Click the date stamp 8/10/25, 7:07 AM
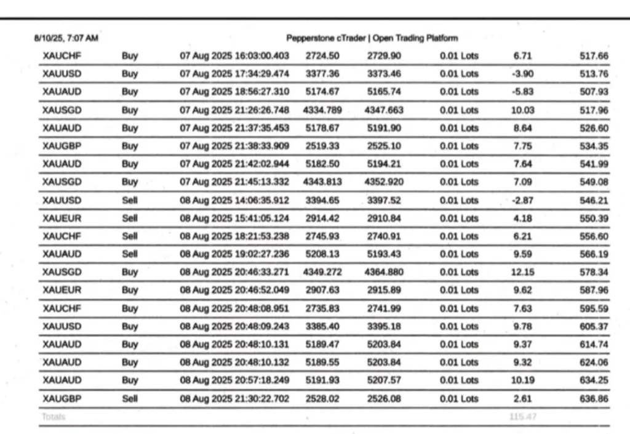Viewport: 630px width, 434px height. point(66,38)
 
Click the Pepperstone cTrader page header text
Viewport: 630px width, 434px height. point(372,38)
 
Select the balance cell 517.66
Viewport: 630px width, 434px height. point(594,56)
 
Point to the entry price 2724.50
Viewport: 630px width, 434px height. point(322,56)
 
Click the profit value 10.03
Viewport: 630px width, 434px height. point(522,110)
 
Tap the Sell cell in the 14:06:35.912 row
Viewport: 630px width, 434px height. point(130,200)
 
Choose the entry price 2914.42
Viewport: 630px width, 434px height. point(322,218)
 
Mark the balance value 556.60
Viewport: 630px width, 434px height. point(594,236)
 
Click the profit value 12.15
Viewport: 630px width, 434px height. point(522,272)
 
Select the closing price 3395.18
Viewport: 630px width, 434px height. point(384,326)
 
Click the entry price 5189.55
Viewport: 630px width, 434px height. point(322,362)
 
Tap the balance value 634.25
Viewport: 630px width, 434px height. point(594,380)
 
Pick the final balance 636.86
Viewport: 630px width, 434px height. point(594,398)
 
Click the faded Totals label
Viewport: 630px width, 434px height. point(53,417)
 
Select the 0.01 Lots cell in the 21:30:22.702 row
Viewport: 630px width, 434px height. point(459,398)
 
